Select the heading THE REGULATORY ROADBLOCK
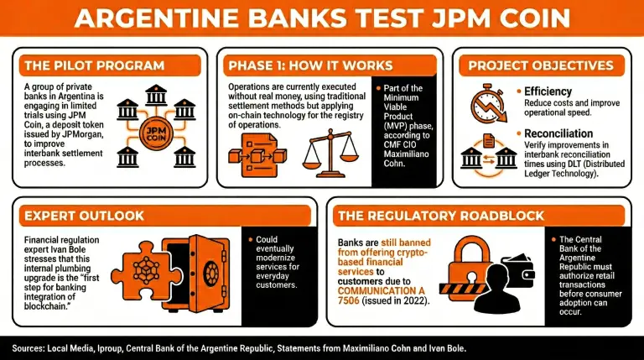[x=436, y=216]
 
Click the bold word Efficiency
[x=548, y=91]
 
